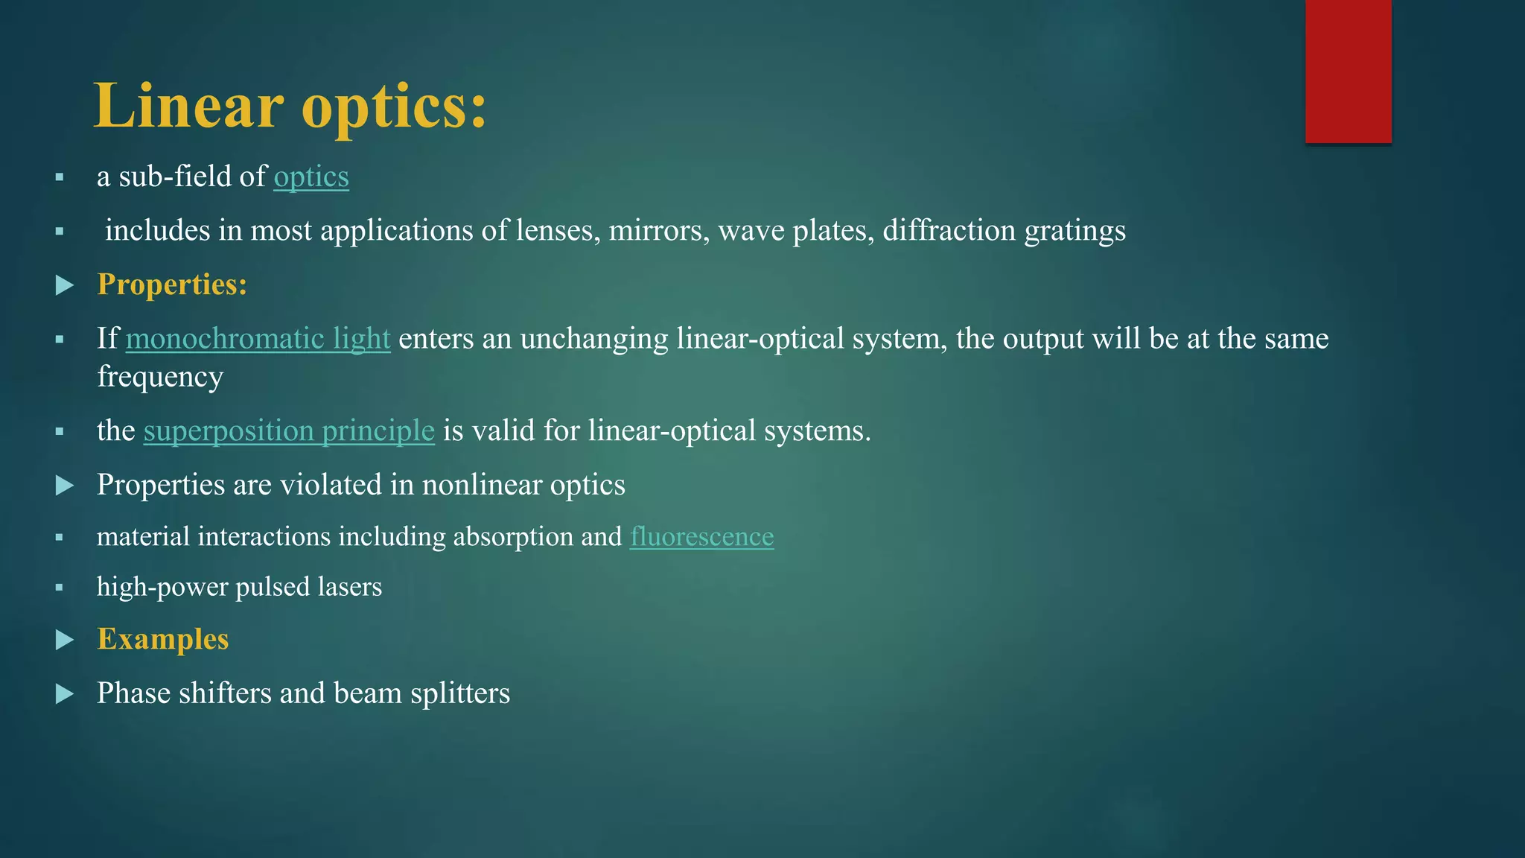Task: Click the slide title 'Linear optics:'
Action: click(x=290, y=106)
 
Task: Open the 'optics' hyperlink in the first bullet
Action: click(x=311, y=177)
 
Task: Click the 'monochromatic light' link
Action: click(x=258, y=339)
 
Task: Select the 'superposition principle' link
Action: click(x=289, y=431)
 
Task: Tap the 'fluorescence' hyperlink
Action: click(x=701, y=537)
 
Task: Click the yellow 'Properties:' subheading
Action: click(x=172, y=285)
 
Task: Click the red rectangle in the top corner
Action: click(x=1348, y=71)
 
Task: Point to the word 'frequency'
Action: click(x=160, y=378)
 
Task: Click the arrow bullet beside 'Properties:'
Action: click(x=65, y=285)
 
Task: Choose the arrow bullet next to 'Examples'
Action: click(x=65, y=640)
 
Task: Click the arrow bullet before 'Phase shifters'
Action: click(x=65, y=694)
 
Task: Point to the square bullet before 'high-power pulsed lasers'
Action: click(x=60, y=588)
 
